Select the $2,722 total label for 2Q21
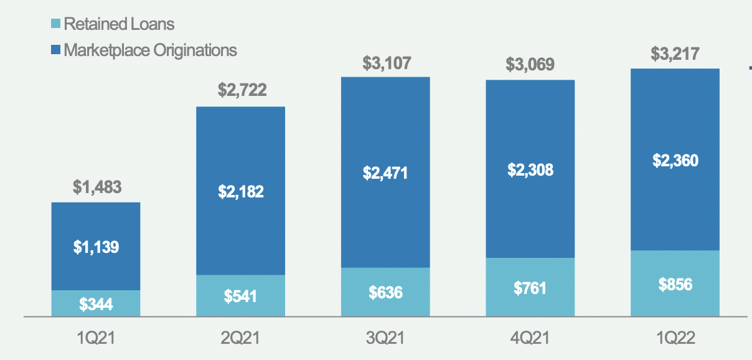[242, 90]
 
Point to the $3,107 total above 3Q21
[387, 62]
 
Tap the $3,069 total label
[530, 64]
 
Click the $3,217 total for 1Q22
[675, 54]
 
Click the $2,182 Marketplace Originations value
[241, 192]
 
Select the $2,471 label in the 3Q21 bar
[385, 173]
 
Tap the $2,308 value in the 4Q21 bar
[530, 169]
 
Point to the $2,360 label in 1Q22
[675, 161]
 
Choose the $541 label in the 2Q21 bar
[241, 296]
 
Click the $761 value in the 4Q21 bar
[530, 288]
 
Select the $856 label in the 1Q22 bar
[675, 284]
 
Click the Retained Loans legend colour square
[55, 25]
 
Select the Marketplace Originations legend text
[150, 50]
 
